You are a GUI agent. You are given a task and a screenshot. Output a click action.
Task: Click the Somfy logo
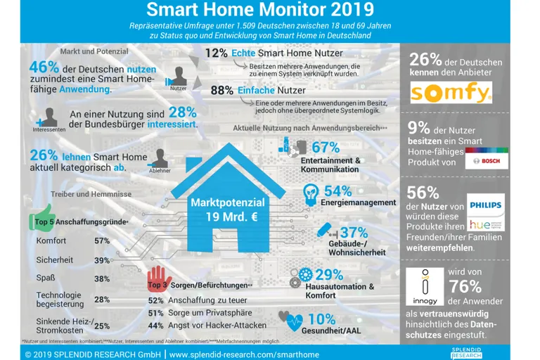click(x=451, y=93)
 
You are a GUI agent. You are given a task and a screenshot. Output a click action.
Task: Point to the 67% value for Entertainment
click(x=325, y=148)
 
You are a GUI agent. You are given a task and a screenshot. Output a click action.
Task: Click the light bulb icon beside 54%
click(x=309, y=192)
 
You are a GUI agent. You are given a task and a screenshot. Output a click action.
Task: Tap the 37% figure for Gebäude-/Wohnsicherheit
click(x=354, y=233)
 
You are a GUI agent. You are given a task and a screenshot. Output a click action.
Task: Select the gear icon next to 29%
click(x=305, y=274)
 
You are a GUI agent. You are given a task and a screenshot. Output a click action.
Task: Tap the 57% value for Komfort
click(x=101, y=241)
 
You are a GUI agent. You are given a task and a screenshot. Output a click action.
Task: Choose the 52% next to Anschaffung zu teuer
click(x=156, y=300)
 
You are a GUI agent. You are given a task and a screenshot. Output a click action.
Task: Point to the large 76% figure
click(x=465, y=285)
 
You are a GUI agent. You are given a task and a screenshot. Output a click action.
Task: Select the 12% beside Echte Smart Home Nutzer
click(x=216, y=53)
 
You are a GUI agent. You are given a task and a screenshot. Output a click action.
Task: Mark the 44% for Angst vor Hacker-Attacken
click(x=156, y=326)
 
